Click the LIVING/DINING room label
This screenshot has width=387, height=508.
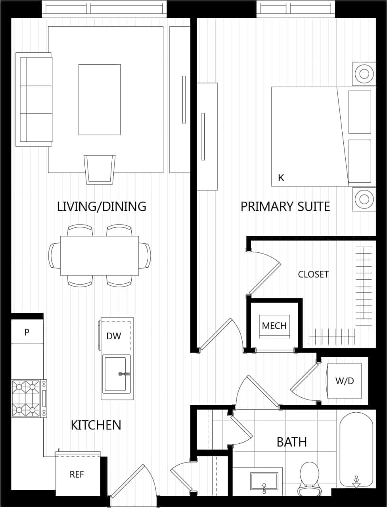[x=102, y=206]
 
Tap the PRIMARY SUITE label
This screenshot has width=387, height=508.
[x=285, y=206]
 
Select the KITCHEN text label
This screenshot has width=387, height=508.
[x=96, y=425]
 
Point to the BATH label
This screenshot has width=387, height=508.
[x=291, y=442]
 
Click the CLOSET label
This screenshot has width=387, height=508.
[x=313, y=274]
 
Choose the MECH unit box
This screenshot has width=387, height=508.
[x=274, y=326]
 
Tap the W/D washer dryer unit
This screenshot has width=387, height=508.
[x=344, y=381]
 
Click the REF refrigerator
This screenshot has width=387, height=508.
[x=77, y=474]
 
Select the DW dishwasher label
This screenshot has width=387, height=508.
[x=113, y=336]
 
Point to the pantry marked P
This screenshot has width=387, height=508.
[x=27, y=332]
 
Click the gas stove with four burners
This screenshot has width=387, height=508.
[x=28, y=398]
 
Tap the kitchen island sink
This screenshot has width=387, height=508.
[x=116, y=374]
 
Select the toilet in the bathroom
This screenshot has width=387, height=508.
[x=309, y=476]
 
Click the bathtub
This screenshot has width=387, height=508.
[x=356, y=448]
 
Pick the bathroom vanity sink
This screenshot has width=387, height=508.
[x=264, y=481]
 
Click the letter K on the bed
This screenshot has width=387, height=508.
[x=281, y=178]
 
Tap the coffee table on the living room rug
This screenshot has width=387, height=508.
[x=100, y=100]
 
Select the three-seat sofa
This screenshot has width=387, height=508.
[x=34, y=100]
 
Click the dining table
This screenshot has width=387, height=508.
[x=100, y=256]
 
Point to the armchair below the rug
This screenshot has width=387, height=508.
[x=100, y=169]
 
